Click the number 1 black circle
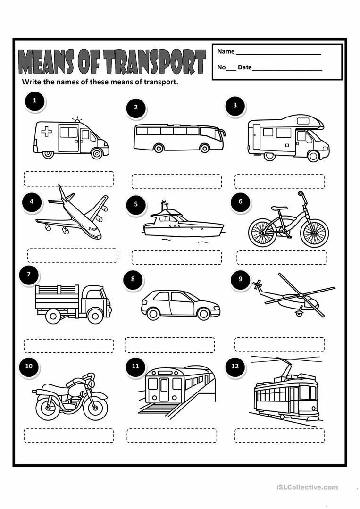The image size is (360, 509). coord(34,101)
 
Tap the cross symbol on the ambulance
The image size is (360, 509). coord(47,132)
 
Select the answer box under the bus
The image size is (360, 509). coord(176,182)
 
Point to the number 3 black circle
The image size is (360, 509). coord(235,106)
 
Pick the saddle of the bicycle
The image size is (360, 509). coord(279,208)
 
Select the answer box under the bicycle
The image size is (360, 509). coord(281,258)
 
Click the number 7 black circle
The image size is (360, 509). coord(29,275)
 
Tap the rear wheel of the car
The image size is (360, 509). coord(153,313)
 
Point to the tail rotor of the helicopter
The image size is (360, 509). coord(258,284)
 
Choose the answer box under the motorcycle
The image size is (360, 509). coord(69,435)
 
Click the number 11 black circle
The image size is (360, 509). coord(136,367)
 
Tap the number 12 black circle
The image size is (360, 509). coord(235,367)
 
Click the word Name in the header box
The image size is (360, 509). coord(226,51)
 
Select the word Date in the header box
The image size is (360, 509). coord(244,67)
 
